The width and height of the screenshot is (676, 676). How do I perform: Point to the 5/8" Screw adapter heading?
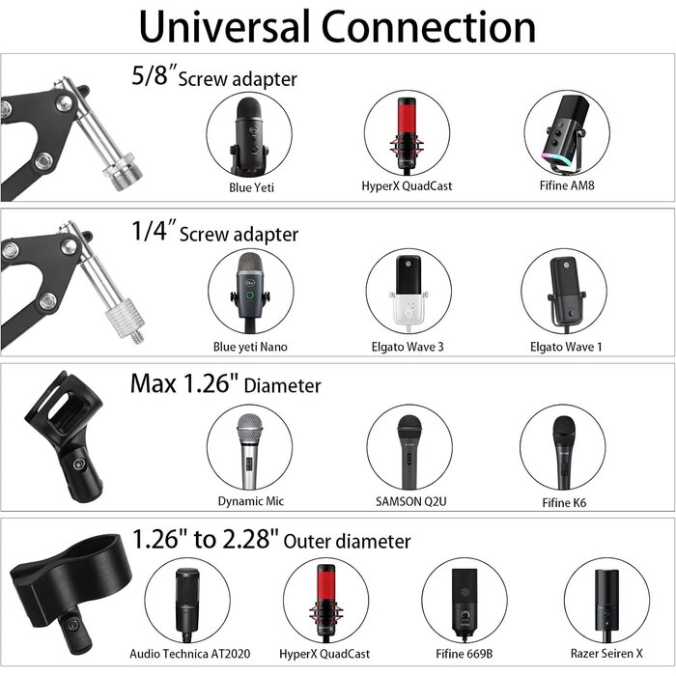coord(213,77)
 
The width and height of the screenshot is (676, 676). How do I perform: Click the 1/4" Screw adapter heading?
coord(213,233)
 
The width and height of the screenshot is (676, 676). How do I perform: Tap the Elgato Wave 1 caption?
coord(566,346)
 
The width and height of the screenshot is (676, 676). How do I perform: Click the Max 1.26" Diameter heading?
coord(225,384)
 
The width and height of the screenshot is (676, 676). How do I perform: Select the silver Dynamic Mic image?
coord(250,447)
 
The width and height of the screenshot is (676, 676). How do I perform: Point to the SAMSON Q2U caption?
coord(408,502)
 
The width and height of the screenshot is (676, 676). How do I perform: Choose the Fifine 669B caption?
coord(465,654)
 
